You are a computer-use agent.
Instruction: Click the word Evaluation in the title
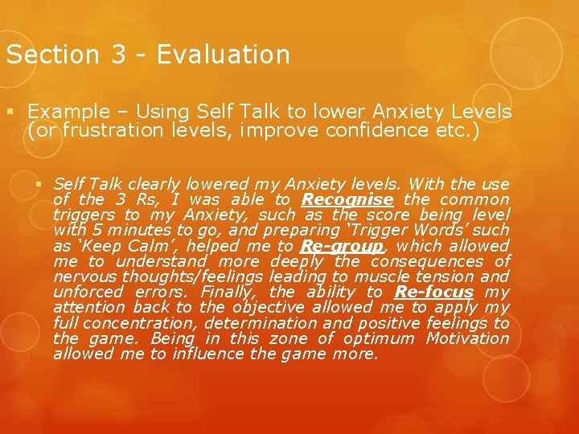[x=223, y=55]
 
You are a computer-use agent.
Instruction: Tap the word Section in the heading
[x=51, y=55]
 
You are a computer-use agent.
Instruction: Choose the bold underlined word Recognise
[x=347, y=199]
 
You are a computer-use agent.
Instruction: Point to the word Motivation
[x=468, y=338]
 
